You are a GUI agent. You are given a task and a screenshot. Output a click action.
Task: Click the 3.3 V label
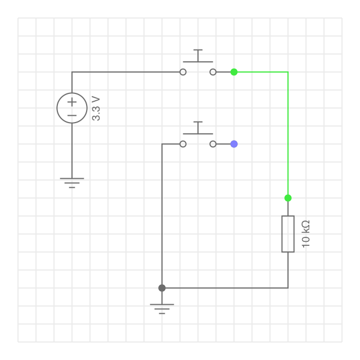pos(96,109)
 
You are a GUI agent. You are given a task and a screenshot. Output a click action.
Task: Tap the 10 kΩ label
pos(306,234)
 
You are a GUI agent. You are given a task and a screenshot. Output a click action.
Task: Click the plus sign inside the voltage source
pos(72,102)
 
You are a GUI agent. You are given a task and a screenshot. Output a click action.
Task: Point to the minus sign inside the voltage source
pos(72,115)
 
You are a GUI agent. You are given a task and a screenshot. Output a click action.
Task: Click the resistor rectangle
pos(282,234)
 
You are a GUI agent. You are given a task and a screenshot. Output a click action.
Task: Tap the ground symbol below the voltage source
pos(72,183)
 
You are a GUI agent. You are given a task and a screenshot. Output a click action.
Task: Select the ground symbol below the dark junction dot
pos(162,309)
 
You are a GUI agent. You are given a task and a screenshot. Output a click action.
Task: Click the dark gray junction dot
pos(162,288)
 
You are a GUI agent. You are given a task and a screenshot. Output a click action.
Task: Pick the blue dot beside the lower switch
pos(234,144)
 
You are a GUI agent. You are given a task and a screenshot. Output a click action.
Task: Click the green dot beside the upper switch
pos(234,72)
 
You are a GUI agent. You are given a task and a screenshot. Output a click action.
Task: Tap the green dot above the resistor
pos(288,198)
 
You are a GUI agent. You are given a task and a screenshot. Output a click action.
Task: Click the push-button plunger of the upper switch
pos(198,56)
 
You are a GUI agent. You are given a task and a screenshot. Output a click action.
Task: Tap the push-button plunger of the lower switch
pos(198,128)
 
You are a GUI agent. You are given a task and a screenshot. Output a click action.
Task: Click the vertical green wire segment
pos(288,135)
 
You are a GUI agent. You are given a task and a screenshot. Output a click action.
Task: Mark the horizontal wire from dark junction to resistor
pos(225,288)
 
